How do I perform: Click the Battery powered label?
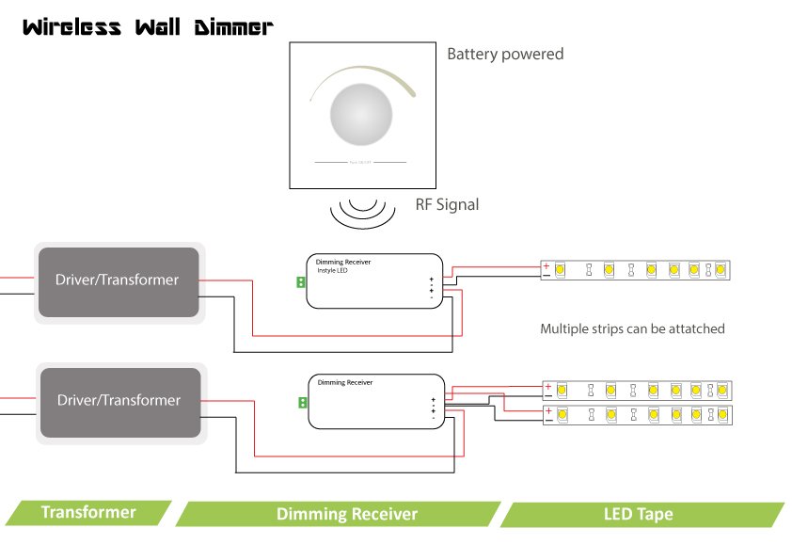coord(505,54)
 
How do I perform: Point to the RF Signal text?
coord(447,203)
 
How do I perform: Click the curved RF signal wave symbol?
coord(361,213)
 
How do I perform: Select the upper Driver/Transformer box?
coord(118,280)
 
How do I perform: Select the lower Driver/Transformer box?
coord(119,401)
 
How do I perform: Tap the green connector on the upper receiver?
coord(301,281)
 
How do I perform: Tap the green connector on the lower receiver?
coord(303,403)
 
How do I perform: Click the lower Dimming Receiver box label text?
coord(345,382)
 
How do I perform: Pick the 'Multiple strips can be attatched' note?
coord(632,329)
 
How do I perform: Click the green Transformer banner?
coord(88,513)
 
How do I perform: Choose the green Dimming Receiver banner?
coord(346,514)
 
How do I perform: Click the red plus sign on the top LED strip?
coord(546,265)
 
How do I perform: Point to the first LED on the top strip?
coord(561,270)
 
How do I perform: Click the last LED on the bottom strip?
coord(721,414)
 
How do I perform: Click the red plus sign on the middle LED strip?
coord(547,385)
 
